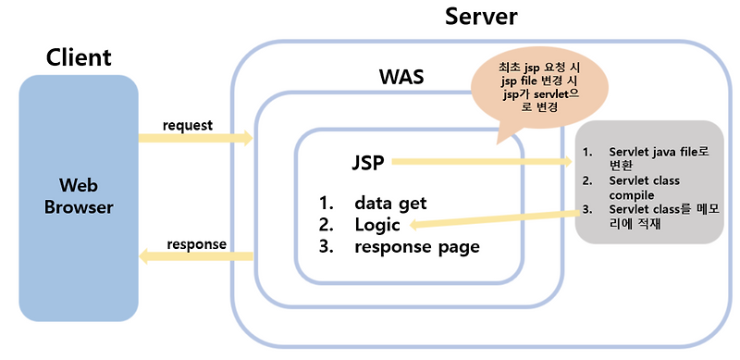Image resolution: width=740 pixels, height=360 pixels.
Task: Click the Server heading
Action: (x=481, y=18)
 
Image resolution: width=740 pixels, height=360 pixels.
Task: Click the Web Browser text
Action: (x=80, y=194)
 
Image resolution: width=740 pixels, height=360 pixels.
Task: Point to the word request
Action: (x=188, y=125)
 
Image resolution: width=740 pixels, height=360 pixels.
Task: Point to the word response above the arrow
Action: (x=196, y=244)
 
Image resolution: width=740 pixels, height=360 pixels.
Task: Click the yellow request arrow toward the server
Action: (x=195, y=139)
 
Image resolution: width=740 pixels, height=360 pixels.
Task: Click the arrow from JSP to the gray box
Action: (x=481, y=163)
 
